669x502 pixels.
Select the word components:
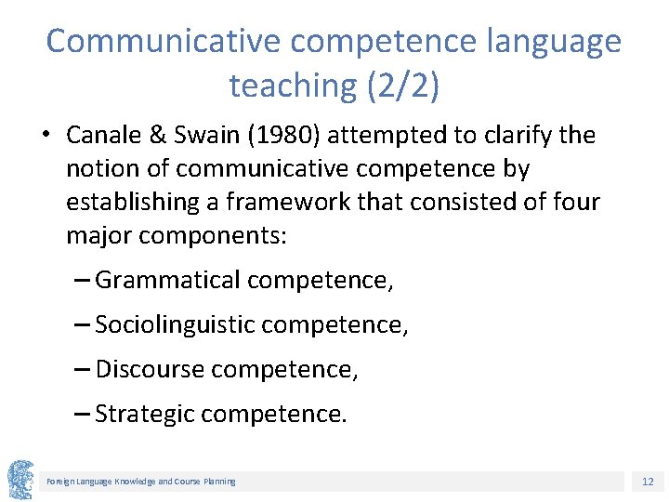point(213,235)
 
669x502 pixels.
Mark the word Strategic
point(144,414)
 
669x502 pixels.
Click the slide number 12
point(648,482)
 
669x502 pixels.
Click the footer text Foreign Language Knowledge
point(101,482)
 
